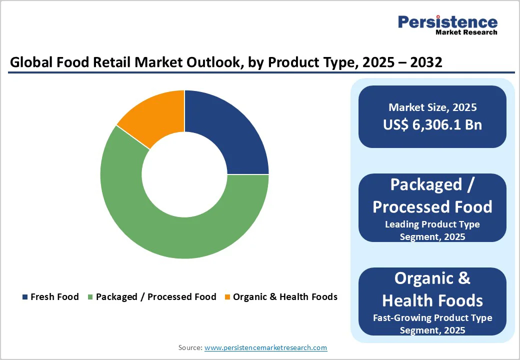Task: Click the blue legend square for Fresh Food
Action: coord(25,297)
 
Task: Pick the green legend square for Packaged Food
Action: coord(90,297)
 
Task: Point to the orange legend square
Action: coord(227,297)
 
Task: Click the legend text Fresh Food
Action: coord(54,297)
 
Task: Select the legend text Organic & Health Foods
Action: coord(285,297)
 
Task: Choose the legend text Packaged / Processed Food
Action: coord(156,297)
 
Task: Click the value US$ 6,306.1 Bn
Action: coord(432,124)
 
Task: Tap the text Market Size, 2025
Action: coord(432,107)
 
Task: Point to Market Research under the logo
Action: coord(466,32)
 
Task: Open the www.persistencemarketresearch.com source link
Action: coord(265,347)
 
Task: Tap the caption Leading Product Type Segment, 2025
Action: coord(432,230)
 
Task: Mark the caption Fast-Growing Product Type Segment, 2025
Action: coord(432,324)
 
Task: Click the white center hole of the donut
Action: coord(184,174)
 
